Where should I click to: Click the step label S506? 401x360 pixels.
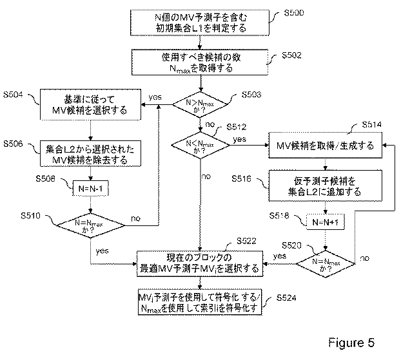pos(15,143)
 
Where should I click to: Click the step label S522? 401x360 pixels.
pos(246,240)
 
